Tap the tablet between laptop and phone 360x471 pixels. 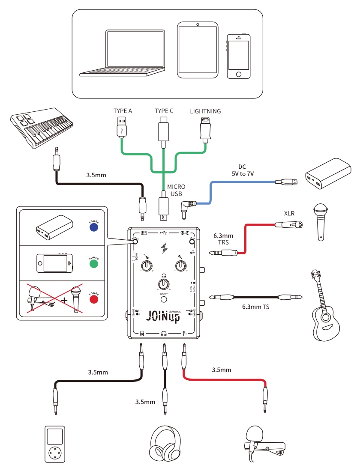coord(197,50)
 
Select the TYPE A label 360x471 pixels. coord(123,111)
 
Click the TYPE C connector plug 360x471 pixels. coord(164,128)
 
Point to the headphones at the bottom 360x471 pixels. coord(164,445)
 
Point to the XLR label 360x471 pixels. coord(289,213)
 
